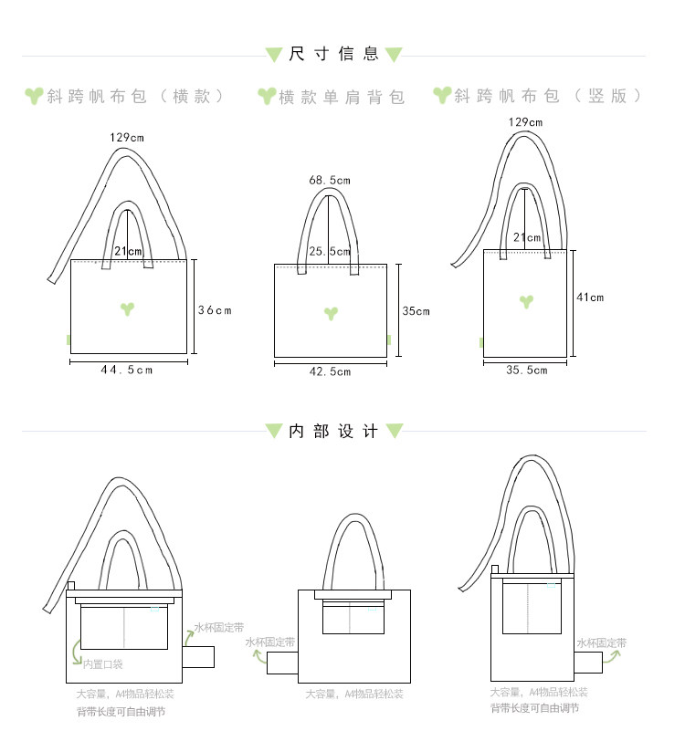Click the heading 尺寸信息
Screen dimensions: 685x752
pyautogui.click(x=333, y=54)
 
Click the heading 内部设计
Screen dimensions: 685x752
pyautogui.click(x=333, y=432)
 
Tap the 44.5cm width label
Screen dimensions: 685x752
pyautogui.click(x=127, y=370)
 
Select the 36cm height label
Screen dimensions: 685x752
pyautogui.click(x=216, y=310)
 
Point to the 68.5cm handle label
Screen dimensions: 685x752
pyautogui.click(x=330, y=180)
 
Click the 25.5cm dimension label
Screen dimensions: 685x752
pyautogui.click(x=330, y=251)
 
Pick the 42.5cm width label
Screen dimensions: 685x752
pyautogui.click(x=331, y=371)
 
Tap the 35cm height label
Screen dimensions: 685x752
pyautogui.click(x=416, y=311)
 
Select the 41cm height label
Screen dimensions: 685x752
pyautogui.click(x=590, y=298)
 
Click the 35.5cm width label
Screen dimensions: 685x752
pyautogui.click(x=526, y=370)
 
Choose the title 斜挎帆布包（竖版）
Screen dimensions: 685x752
pyautogui.click(x=549, y=96)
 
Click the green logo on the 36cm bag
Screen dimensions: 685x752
pyautogui.click(x=129, y=308)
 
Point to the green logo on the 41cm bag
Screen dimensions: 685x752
pyautogui.click(x=526, y=301)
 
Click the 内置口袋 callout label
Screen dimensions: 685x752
pyautogui.click(x=102, y=664)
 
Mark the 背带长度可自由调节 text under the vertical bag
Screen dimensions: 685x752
pyautogui.click(x=533, y=708)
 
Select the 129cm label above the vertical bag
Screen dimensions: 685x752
pyautogui.click(x=525, y=122)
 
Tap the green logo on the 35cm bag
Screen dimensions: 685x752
pyautogui.click(x=331, y=313)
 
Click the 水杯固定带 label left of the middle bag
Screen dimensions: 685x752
pyautogui.click(x=270, y=642)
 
